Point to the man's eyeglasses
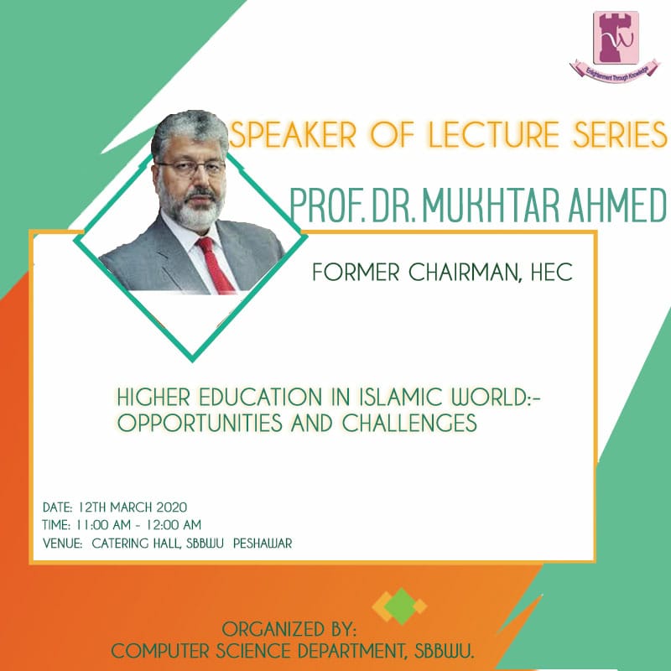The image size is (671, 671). (191, 166)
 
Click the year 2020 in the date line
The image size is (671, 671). (170, 507)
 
